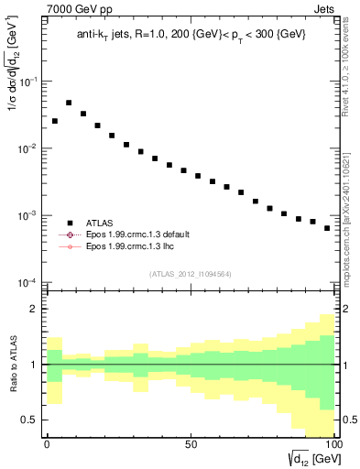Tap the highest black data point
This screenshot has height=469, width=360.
click(69, 104)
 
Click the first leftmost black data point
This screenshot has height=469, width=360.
click(55, 121)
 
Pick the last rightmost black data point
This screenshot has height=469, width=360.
click(327, 228)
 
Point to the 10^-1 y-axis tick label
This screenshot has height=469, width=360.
click(29, 82)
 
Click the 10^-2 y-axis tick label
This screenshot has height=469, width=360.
click(29, 148)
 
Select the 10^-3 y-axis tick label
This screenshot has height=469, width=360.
click(29, 215)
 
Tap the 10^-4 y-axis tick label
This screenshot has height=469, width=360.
click(29, 282)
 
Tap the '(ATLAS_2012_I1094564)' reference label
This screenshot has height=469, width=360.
click(191, 274)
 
